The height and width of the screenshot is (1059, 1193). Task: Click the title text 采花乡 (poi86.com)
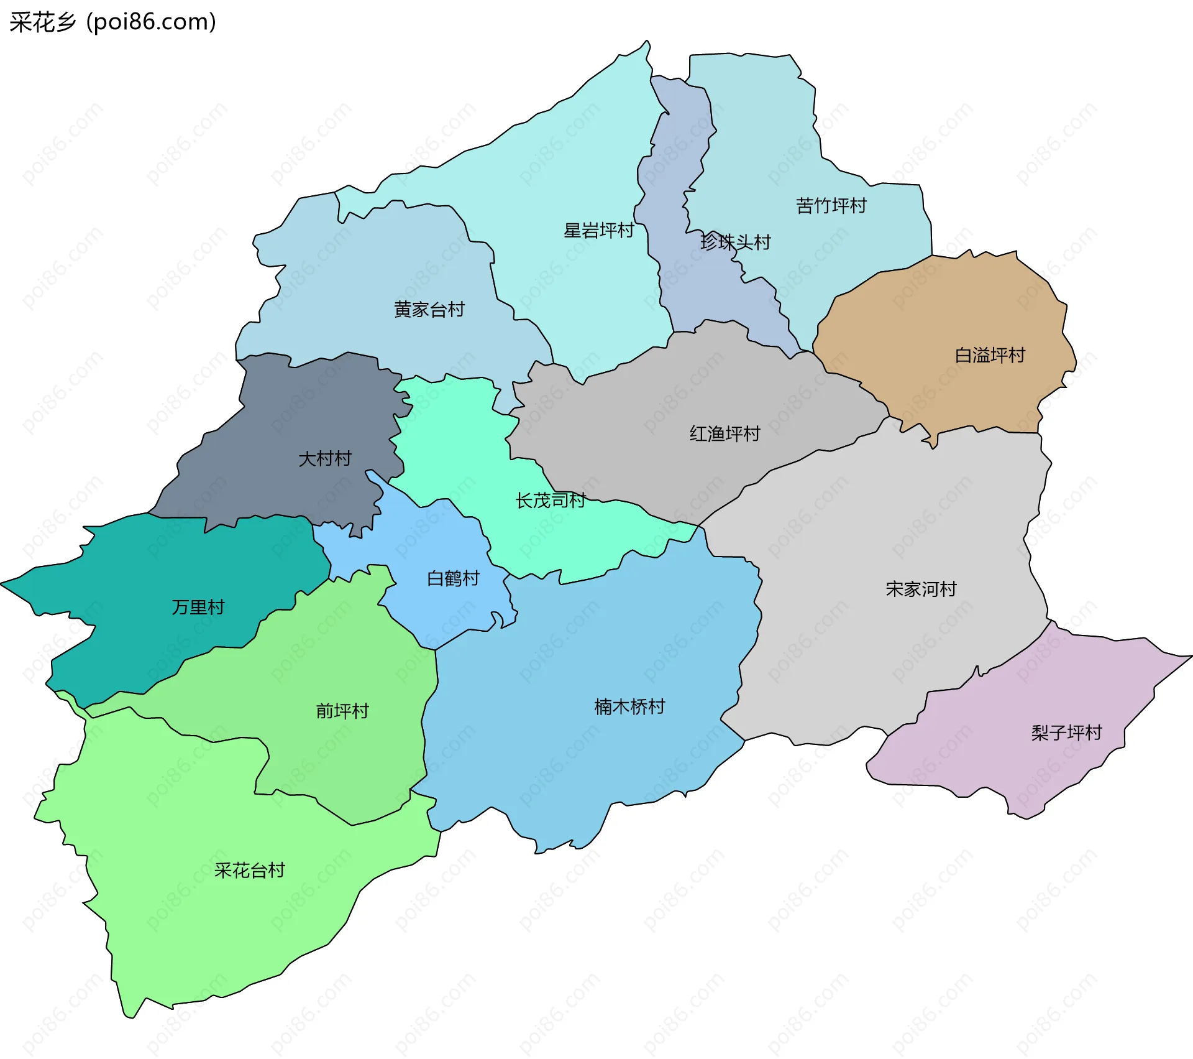[112, 22]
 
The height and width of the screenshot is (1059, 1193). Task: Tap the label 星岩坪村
[598, 231]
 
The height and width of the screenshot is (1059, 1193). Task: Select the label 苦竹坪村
[831, 206]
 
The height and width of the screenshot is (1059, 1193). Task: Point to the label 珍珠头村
[735, 242]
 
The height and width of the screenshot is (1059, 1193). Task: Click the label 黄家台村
[429, 309]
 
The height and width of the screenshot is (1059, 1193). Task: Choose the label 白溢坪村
[989, 355]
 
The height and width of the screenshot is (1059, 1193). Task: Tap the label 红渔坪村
[724, 433]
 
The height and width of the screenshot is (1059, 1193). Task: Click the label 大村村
[324, 459]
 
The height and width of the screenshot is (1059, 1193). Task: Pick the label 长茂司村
[550, 500]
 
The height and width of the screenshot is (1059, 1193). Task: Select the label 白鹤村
[453, 578]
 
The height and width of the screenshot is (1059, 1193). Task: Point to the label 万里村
[198, 607]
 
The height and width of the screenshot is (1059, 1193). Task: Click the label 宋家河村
[920, 589]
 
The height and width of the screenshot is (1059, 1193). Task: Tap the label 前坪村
[342, 711]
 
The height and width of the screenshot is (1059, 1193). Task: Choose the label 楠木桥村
[629, 706]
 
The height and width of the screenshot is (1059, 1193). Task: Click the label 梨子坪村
[1066, 733]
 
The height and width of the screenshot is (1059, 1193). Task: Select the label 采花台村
[249, 870]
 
